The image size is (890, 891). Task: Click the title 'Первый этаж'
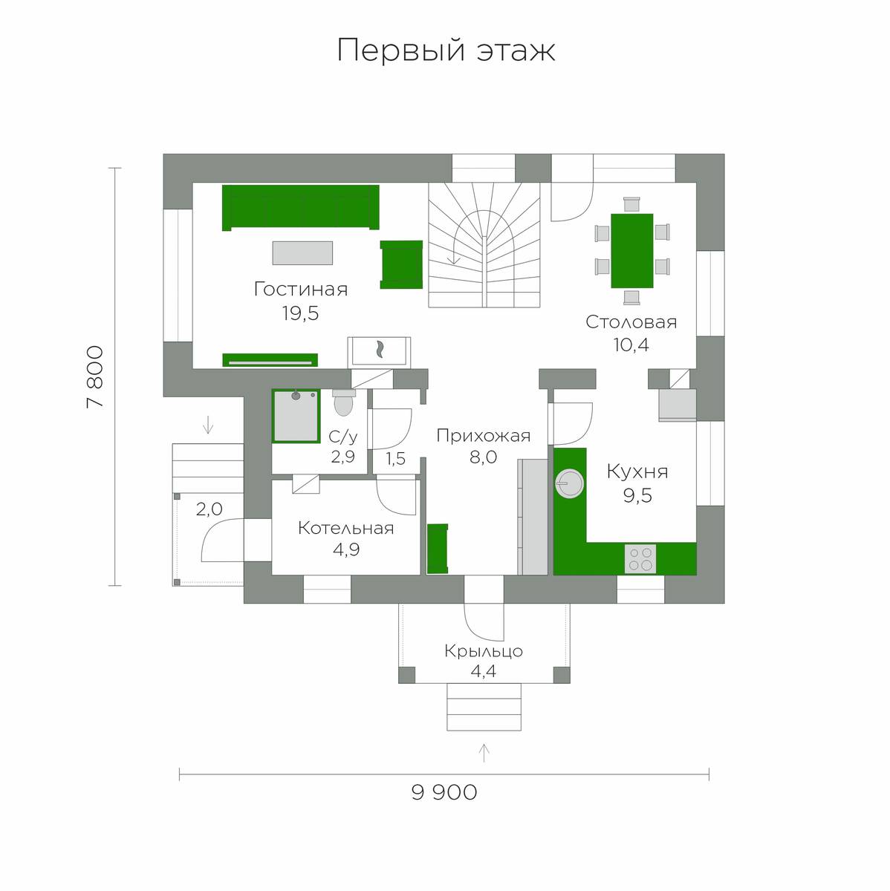point(446,50)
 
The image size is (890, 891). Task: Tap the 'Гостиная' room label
point(300,290)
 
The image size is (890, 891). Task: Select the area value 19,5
point(300,313)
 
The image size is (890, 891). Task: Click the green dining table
point(631,251)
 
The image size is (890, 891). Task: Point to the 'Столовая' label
point(631,322)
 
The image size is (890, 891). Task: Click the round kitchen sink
point(569,483)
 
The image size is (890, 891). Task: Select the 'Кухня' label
point(637,471)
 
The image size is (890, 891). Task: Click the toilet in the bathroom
point(343,402)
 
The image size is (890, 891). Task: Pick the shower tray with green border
point(296,416)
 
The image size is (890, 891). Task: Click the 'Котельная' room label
point(345,528)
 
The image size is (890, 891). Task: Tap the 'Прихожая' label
point(483,436)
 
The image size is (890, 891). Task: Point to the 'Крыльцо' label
point(484,651)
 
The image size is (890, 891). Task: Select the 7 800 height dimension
point(96,376)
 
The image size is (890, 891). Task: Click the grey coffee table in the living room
point(302,253)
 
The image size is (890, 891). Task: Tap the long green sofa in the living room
point(300,208)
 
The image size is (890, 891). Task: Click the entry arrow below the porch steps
point(484,753)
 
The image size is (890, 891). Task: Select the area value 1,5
point(396,459)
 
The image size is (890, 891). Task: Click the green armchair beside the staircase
point(401,264)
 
